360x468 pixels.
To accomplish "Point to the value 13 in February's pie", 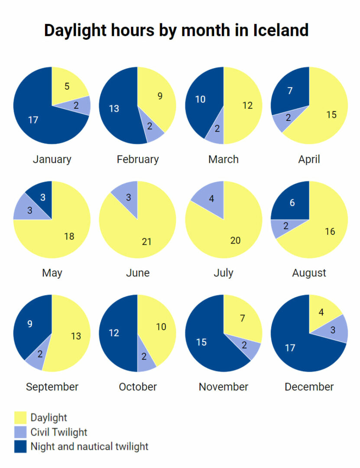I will [x=114, y=108].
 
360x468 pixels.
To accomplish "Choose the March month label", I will [x=224, y=159].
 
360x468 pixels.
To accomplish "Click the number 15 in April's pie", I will [x=331, y=114].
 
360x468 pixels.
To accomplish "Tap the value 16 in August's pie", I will [x=330, y=231].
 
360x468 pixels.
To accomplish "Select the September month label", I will [x=52, y=387].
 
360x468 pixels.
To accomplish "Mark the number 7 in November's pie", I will [x=243, y=318].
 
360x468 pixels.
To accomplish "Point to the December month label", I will [x=309, y=387].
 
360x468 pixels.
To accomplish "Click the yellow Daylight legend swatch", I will [x=20, y=418].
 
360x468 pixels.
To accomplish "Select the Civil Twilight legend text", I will [x=59, y=432].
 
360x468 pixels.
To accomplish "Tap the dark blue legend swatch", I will [x=20, y=446].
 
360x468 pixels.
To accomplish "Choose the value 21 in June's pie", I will [x=146, y=241].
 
